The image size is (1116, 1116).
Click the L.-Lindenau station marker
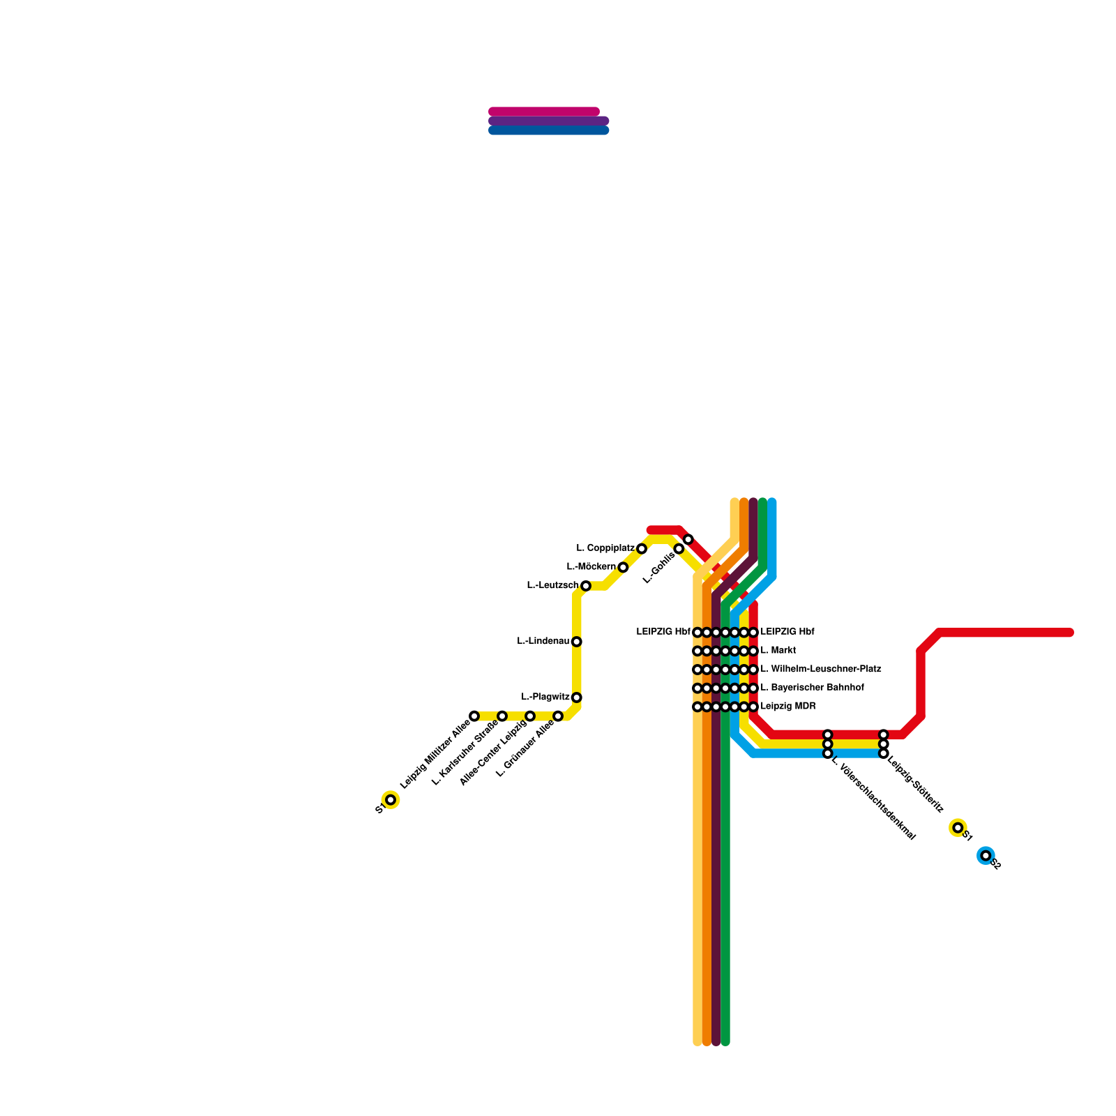coord(576,642)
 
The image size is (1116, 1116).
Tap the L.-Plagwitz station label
coord(545,697)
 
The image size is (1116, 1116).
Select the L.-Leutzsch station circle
coord(586,586)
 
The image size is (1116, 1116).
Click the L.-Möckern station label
coord(591,567)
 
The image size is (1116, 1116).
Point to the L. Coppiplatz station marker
coord(642,549)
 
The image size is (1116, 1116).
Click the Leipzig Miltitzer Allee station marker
coord(474,716)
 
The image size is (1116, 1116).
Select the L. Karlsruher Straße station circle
coord(502,716)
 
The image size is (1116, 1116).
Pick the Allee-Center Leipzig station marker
coord(530,716)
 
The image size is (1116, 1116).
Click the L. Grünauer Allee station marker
coord(558,716)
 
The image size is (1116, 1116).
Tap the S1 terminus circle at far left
coord(391,800)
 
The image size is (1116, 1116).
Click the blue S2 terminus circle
coord(986,856)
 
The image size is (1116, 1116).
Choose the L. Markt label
coord(778,651)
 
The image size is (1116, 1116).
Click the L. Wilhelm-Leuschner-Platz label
coord(820,670)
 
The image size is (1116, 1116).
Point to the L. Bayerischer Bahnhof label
coord(812,688)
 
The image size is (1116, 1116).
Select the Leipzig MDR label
coord(787,707)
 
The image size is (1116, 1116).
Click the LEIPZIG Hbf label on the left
coord(663,632)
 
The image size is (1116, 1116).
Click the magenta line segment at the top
coord(544,112)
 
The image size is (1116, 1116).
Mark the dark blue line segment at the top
coord(548,130)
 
